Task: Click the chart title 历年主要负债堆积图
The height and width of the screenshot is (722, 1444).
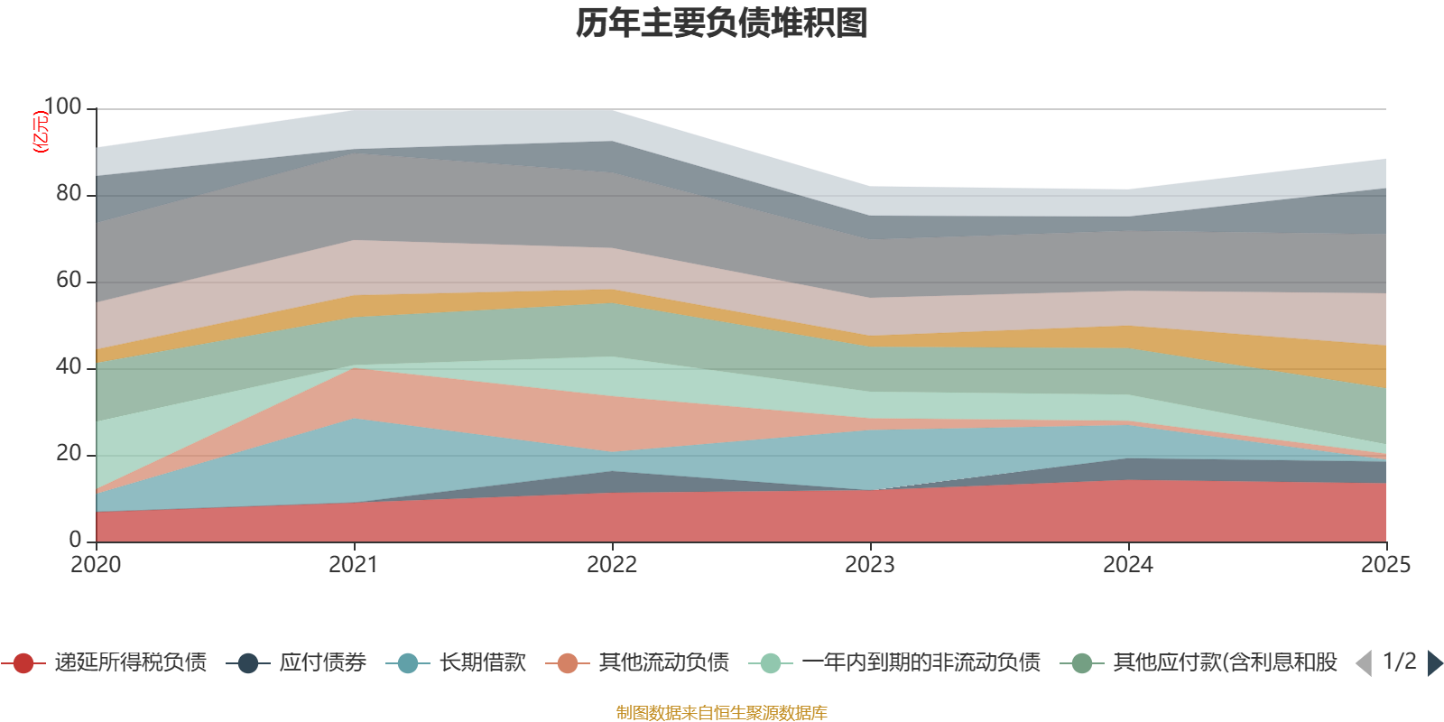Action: click(x=722, y=23)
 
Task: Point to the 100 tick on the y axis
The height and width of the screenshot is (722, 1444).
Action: click(x=62, y=107)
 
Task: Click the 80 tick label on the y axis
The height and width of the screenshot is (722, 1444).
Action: click(x=69, y=193)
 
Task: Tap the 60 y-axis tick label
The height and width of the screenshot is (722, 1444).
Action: click(x=69, y=280)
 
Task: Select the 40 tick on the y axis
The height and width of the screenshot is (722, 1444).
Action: click(x=69, y=366)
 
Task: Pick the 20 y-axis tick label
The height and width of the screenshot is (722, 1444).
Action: click(x=69, y=453)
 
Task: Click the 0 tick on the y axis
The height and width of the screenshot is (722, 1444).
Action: click(x=75, y=540)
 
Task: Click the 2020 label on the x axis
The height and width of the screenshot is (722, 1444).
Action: click(x=96, y=565)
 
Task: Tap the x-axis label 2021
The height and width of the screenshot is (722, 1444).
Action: click(x=354, y=565)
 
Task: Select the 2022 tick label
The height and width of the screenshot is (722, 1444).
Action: click(x=612, y=565)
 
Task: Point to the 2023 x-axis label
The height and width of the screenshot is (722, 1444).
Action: click(x=870, y=565)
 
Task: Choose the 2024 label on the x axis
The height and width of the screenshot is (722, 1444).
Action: click(x=1128, y=565)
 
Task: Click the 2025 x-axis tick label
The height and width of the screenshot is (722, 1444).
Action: click(x=1384, y=565)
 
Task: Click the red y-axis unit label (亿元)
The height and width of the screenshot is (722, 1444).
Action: click(x=40, y=132)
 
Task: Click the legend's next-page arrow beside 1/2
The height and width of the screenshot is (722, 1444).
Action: click(x=1434, y=663)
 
